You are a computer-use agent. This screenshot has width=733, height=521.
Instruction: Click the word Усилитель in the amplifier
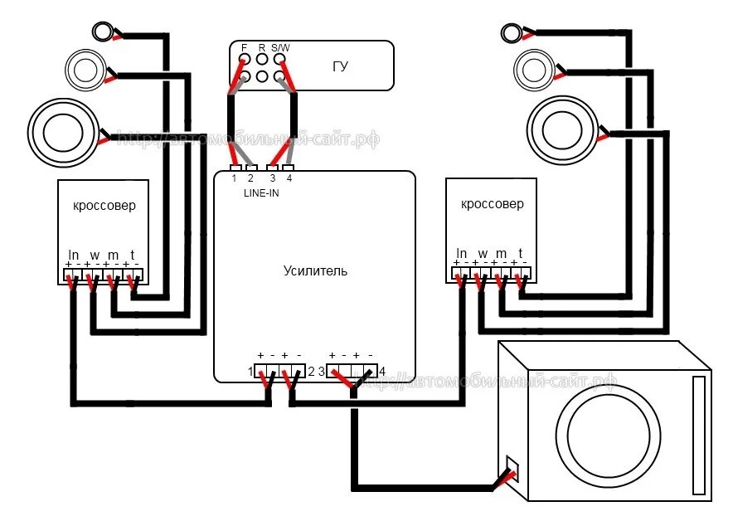(315, 270)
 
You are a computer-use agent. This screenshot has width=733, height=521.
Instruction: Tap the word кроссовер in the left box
(104, 206)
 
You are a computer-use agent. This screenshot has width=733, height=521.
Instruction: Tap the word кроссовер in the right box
(493, 204)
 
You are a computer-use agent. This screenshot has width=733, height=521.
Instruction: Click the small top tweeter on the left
(102, 32)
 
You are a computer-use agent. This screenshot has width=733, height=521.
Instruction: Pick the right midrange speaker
(533, 66)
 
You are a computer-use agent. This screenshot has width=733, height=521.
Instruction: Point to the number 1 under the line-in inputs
(235, 178)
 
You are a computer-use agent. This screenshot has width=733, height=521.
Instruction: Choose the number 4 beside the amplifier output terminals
(381, 371)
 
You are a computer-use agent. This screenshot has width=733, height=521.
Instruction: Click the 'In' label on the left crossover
(73, 254)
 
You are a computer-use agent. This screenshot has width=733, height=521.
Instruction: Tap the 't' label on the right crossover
(520, 253)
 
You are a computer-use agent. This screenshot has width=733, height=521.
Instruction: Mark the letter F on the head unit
(244, 48)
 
